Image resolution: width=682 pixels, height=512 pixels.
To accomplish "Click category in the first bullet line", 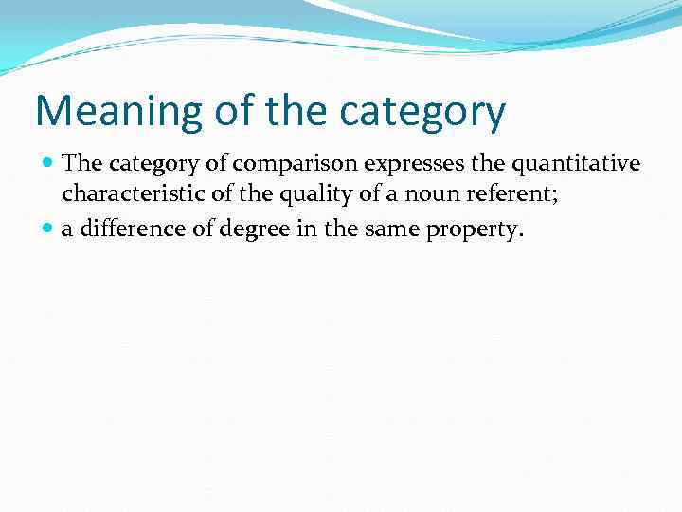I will pyautogui.click(x=154, y=164).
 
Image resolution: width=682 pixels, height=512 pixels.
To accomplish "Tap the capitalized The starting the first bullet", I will pyautogui.click(x=81, y=163).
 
